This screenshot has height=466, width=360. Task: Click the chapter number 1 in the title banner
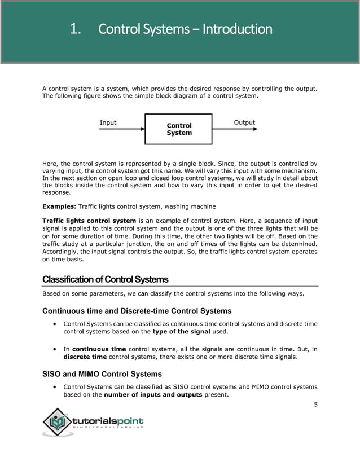(74, 29)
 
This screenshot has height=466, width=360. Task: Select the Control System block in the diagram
(179, 129)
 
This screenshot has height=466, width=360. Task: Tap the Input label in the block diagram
(108, 122)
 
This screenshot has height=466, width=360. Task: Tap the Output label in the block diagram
(244, 122)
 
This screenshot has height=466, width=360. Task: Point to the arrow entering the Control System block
(122, 129)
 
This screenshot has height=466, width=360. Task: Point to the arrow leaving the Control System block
(235, 129)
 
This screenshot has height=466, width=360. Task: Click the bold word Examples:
(59, 206)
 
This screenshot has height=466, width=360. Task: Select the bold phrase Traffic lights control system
(89, 220)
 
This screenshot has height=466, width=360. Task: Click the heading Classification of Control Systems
(105, 280)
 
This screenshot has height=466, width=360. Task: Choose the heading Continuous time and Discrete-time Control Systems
(137, 310)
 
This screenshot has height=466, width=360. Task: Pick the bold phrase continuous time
(99, 349)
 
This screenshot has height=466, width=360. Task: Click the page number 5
(315, 405)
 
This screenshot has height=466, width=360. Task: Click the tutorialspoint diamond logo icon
(58, 422)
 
